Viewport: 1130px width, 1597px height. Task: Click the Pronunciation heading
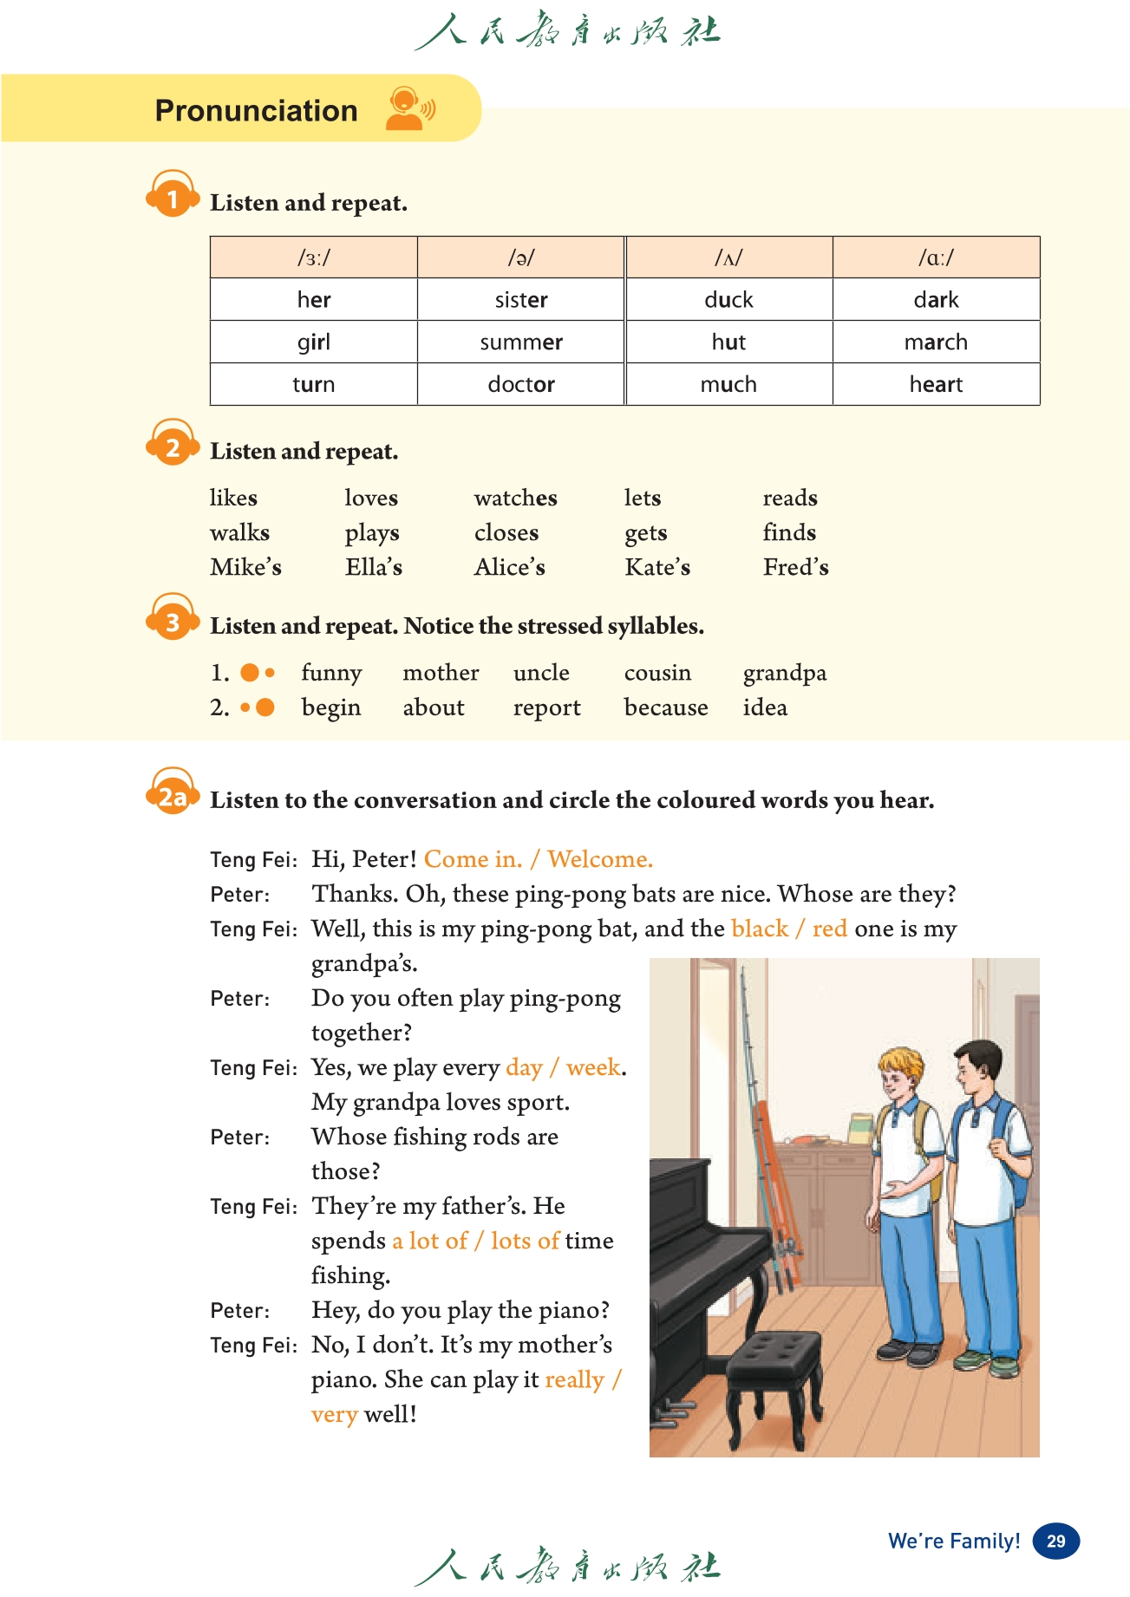[x=256, y=111]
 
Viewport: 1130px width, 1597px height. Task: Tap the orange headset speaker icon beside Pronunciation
[x=408, y=109]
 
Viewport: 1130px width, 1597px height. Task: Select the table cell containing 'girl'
[x=313, y=342]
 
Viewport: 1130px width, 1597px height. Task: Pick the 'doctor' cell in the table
[x=521, y=384]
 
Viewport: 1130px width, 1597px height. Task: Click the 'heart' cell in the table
[x=936, y=384]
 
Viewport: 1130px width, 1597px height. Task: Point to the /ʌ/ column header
[x=728, y=257]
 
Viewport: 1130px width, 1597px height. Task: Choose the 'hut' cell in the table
[x=728, y=342]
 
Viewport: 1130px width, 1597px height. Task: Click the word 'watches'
[x=515, y=498]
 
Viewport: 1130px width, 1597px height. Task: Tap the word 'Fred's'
[x=795, y=567]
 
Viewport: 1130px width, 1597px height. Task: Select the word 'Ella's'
[x=373, y=567]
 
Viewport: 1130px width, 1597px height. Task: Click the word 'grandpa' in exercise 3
[x=784, y=673]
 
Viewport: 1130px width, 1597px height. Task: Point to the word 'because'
[x=665, y=707]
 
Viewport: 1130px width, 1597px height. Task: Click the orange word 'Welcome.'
[x=600, y=859]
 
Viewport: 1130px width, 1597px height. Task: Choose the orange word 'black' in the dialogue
[x=760, y=929]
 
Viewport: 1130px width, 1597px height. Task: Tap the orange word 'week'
[x=593, y=1067]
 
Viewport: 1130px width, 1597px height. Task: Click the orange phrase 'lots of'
[x=525, y=1241]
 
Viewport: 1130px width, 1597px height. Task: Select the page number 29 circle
[x=1055, y=1541]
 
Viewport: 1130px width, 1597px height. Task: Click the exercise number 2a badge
[x=173, y=796]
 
